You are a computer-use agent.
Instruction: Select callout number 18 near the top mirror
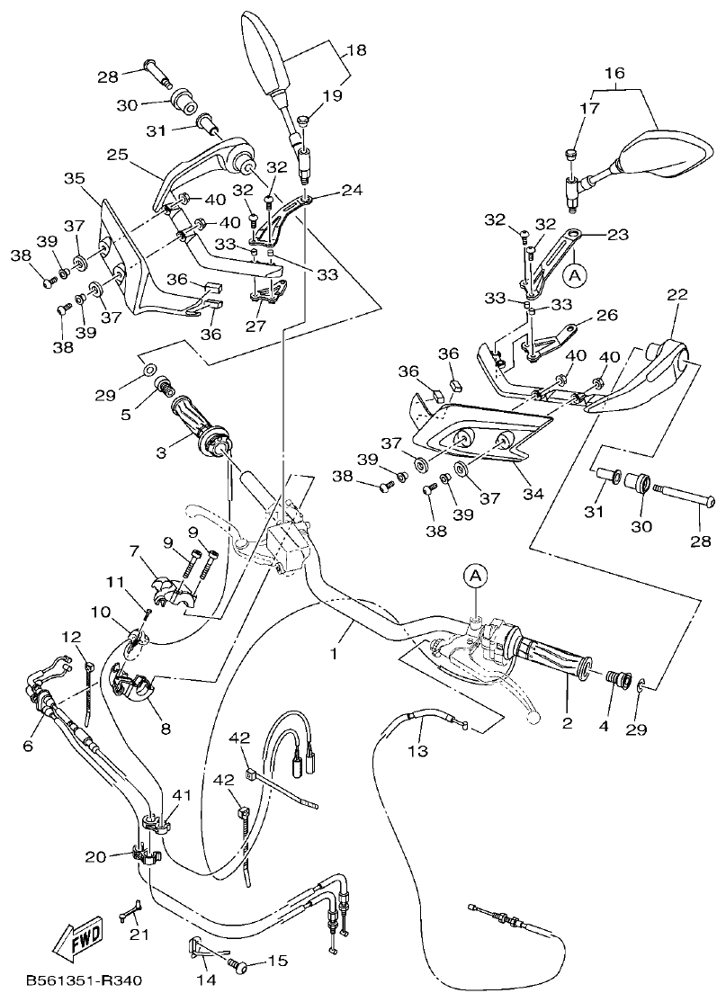(357, 50)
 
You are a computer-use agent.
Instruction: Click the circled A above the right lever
(475, 572)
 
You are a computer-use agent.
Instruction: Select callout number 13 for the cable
(417, 749)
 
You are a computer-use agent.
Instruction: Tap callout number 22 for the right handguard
(677, 295)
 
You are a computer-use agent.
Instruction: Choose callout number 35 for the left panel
(74, 178)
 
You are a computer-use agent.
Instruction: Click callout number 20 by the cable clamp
(95, 856)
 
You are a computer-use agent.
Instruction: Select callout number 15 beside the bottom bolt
(276, 962)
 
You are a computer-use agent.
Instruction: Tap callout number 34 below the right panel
(533, 493)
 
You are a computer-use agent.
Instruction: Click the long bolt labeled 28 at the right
(684, 496)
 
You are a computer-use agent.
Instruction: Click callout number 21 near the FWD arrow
(138, 935)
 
